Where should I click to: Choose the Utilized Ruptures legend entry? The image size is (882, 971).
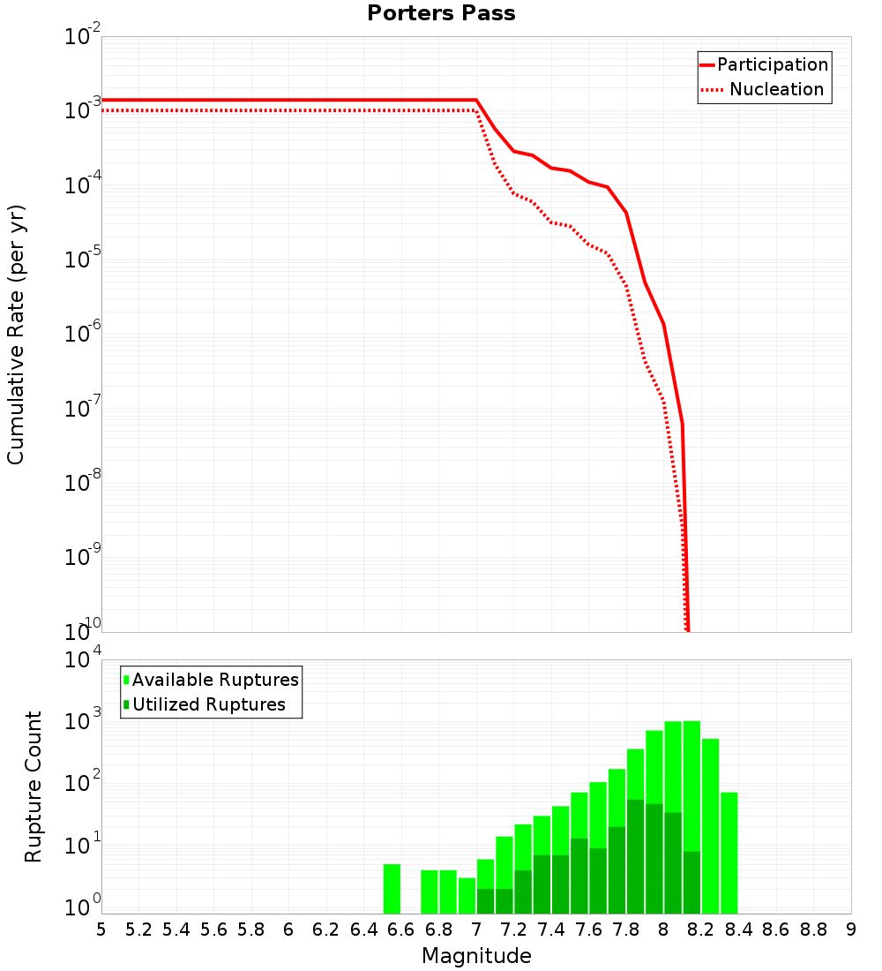click(x=208, y=704)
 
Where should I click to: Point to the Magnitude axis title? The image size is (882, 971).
click(x=476, y=956)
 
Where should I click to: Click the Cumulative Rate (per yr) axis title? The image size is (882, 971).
click(x=16, y=335)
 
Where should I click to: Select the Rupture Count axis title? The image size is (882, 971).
click(x=34, y=787)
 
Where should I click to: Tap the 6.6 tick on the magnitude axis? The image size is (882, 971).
click(x=400, y=930)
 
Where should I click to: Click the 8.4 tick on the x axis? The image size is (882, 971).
click(x=738, y=930)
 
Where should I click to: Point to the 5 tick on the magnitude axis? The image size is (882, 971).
click(x=101, y=930)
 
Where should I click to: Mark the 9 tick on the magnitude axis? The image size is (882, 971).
click(x=851, y=930)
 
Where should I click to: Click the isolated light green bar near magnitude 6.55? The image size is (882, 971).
click(x=392, y=889)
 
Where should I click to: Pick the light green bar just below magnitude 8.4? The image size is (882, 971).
click(x=729, y=853)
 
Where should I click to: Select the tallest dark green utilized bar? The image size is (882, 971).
click(x=635, y=856)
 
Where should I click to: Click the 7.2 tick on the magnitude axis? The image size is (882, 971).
click(x=513, y=930)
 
